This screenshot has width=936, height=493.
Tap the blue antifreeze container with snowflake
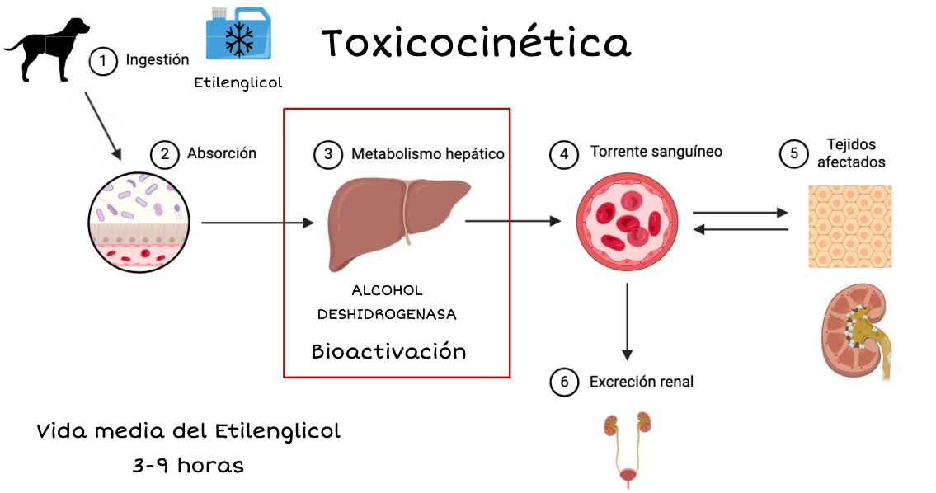coord(240,34)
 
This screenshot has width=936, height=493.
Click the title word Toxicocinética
coord(476,43)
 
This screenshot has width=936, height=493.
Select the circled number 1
coord(103,61)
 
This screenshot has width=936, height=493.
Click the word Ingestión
coord(158,60)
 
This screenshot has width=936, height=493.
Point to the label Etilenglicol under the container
coord(238,82)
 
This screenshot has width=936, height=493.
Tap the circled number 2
coord(164,154)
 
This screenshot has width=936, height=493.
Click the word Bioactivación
coord(388,352)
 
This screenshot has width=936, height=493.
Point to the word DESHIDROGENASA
coord(387,314)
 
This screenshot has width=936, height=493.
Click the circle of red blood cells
coord(627,223)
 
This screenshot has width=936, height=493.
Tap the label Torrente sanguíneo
coord(656,152)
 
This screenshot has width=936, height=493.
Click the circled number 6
coord(564,383)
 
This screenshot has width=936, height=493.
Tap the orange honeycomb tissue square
coord(849,226)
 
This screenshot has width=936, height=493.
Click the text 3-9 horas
coord(188,465)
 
